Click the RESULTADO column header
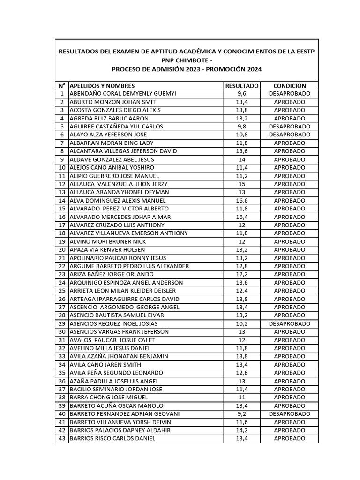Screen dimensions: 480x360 [241, 86]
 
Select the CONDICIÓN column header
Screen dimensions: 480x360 [289, 86]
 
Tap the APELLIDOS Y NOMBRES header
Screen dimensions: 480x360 [102, 86]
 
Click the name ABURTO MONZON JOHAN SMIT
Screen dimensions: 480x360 [112, 102]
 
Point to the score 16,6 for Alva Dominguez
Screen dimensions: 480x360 [242, 200]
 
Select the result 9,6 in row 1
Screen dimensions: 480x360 [242, 94]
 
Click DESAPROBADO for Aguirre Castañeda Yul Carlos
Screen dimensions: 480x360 [289, 127]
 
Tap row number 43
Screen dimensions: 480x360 [61, 439]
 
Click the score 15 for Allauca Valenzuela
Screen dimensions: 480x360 [242, 184]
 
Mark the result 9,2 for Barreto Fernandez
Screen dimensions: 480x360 [242, 414]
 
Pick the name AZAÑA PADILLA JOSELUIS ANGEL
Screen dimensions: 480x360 [114, 381]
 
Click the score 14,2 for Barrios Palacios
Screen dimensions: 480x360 [242, 430]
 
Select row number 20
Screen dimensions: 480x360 [61, 249]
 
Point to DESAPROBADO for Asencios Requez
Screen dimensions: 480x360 [289, 323]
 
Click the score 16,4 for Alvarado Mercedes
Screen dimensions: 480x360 [242, 217]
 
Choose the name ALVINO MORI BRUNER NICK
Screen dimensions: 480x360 [107, 241]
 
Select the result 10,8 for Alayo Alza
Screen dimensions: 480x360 [242, 135]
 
